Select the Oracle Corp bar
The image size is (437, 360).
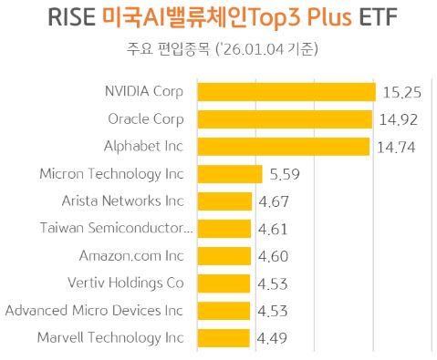[x=285, y=119]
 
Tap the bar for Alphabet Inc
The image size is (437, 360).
[x=284, y=147]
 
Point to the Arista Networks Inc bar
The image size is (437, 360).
[x=224, y=201]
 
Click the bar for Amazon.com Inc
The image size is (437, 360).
[x=224, y=256]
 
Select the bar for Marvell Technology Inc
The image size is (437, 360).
[x=224, y=338]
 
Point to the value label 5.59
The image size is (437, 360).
[x=286, y=175]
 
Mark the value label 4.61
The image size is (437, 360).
[x=276, y=230]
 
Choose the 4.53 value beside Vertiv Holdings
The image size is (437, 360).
[x=275, y=284]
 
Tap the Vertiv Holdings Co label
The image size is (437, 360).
[x=126, y=283]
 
